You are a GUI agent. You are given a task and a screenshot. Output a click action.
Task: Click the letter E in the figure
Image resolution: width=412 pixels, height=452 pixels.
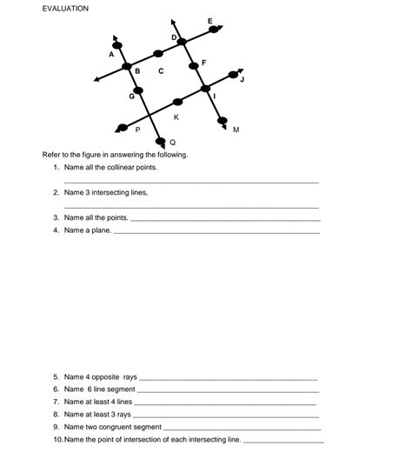coord(209,20)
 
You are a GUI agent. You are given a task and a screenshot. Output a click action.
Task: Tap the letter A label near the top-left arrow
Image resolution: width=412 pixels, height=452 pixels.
coord(110,55)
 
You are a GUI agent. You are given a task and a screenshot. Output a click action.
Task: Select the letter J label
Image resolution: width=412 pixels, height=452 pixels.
coord(243,79)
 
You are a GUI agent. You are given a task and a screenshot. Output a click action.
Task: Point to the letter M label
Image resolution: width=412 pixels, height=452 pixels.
coord(236,130)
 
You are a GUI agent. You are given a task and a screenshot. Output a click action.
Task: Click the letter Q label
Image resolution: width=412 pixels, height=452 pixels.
coord(172,142)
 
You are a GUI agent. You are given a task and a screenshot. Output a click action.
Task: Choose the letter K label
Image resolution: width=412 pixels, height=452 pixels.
coord(176,116)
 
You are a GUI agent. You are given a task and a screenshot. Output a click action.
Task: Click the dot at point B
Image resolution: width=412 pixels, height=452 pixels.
coord(127,67)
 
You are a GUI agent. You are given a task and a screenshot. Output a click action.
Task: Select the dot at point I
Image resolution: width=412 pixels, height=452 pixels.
coord(206,88)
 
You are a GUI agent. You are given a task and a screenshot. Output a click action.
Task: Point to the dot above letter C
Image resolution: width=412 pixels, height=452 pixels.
coord(156,53)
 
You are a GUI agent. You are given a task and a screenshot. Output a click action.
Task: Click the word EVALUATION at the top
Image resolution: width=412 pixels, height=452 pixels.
coord(65,8)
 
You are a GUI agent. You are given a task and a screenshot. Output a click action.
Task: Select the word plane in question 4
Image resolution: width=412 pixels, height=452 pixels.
coord(100,230)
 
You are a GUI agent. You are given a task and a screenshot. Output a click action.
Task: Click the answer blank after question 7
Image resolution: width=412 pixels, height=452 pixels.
coord(226,403)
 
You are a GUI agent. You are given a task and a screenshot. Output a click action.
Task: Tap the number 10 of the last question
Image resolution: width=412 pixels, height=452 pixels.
coord(57,440)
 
